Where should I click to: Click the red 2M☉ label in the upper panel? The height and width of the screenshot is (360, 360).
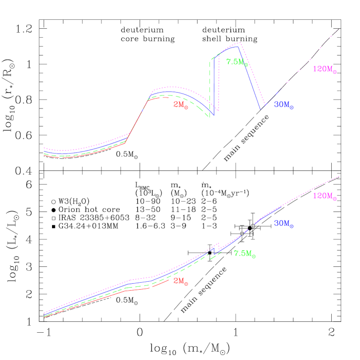(181, 105)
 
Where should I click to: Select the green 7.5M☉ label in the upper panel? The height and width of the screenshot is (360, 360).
(237, 62)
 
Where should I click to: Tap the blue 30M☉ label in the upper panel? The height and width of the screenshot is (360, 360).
(284, 105)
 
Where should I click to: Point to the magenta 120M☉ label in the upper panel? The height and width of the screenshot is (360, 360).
(324, 70)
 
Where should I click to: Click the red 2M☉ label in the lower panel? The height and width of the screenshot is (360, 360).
(181, 281)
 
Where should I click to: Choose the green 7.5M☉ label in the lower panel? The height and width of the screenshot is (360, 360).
(245, 254)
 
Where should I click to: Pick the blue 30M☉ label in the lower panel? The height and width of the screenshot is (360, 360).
(284, 224)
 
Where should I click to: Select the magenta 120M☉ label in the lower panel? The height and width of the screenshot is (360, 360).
(324, 197)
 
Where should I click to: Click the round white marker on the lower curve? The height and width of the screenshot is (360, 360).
(253, 226)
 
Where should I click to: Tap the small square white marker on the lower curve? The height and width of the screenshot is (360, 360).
(242, 233)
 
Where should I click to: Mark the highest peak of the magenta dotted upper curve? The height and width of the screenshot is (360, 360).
(240, 43)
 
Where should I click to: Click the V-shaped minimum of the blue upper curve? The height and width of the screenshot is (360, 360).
(261, 109)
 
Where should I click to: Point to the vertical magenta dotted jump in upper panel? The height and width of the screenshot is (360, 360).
(219, 82)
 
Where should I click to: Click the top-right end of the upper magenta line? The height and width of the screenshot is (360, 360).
(339, 29)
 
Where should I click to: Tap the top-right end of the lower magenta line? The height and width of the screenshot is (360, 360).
(340, 176)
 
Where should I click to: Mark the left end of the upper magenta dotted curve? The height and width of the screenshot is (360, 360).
(44, 148)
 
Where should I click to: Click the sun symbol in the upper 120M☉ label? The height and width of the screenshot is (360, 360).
(335, 72)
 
